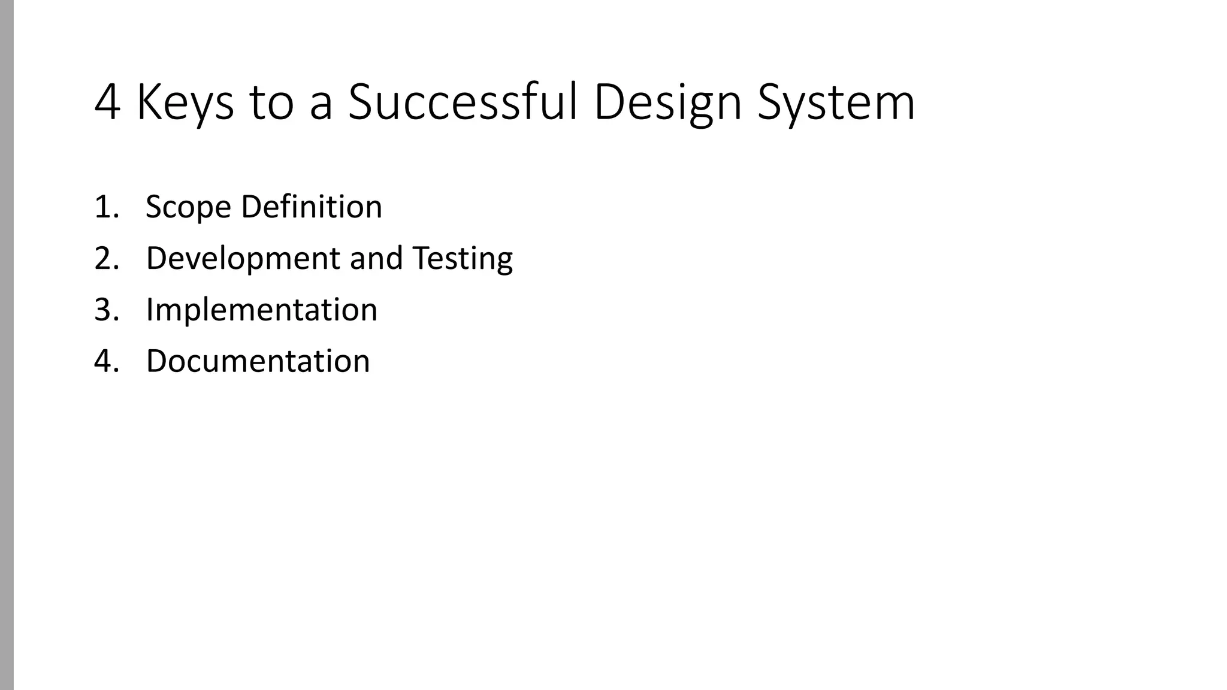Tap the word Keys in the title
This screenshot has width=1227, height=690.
point(185,103)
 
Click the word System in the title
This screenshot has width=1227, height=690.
point(836,103)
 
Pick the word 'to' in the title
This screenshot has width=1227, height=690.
point(271,103)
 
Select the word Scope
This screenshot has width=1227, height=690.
point(188,207)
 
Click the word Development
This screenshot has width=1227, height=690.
point(243,259)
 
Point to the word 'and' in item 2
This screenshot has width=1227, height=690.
point(376,259)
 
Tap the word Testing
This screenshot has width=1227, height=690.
point(463,259)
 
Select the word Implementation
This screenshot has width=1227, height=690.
point(262,310)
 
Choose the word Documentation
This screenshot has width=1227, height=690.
point(258,361)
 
